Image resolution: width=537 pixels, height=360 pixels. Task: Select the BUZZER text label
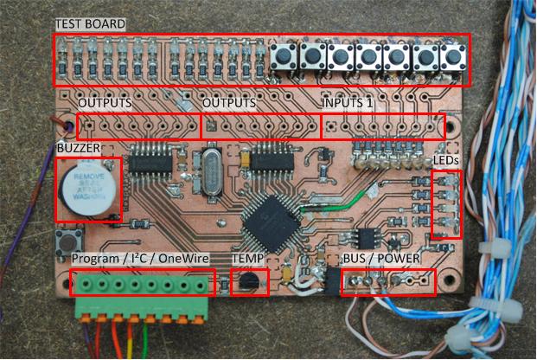pos(79,148)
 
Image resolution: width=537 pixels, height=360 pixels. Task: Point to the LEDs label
pos(445,161)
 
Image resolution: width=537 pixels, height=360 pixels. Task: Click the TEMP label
pos(249,259)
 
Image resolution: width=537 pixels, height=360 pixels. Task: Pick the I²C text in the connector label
pos(138,260)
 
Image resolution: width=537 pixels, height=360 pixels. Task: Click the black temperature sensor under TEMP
pos(248,280)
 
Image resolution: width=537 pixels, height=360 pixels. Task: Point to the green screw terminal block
pos(143,292)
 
